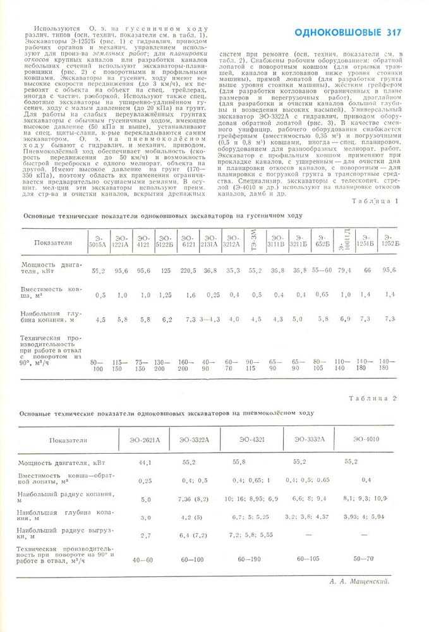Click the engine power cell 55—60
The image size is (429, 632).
point(322,270)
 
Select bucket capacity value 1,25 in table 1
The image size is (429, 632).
point(166,295)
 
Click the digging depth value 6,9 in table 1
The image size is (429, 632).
point(345,319)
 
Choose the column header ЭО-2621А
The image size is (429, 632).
point(145,440)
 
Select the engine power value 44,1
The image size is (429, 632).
point(145,463)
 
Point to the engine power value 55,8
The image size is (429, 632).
point(256,463)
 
